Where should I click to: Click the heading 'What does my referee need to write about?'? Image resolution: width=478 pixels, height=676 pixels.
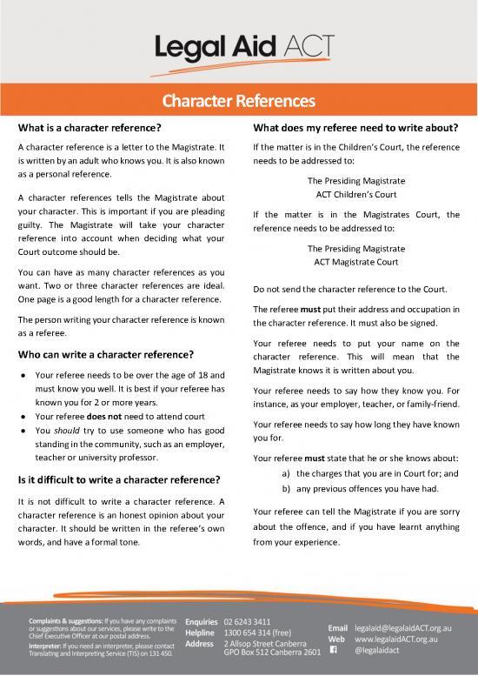point(355,129)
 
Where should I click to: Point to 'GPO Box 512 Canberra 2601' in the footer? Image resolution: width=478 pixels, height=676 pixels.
point(272,653)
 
